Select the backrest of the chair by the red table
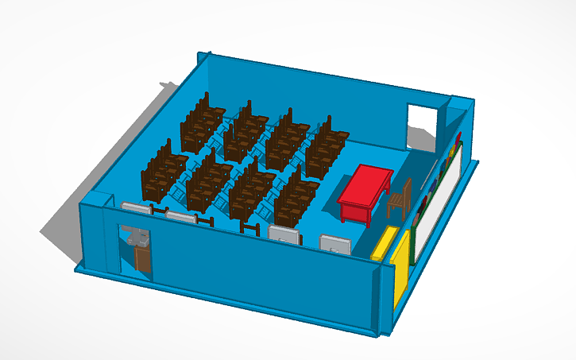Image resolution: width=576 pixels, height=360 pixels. (404, 190)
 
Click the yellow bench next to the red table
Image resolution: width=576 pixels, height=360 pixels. (385, 242)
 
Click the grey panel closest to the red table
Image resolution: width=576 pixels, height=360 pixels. (334, 244)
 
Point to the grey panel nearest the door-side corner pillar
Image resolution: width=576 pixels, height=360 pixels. (137, 209)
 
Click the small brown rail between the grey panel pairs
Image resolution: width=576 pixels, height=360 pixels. (251, 230)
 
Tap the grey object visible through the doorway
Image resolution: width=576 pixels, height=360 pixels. (137, 238)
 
